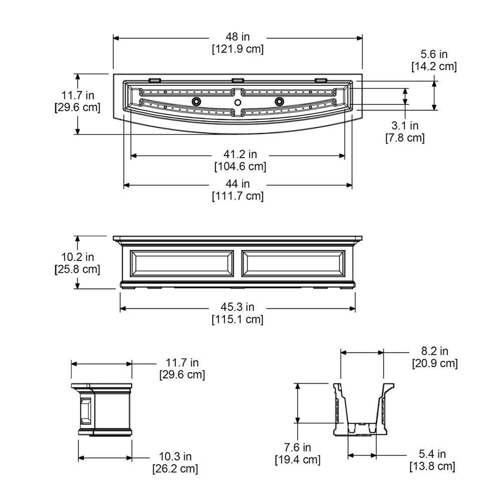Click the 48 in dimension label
[237, 37]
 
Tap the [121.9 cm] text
[237, 49]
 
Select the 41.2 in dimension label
[240, 154]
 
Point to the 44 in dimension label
[237, 184]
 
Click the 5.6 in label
[434, 54]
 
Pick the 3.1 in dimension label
[405, 125]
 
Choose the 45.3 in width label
[237, 307]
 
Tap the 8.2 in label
[434, 351]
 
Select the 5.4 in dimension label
[432, 454]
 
